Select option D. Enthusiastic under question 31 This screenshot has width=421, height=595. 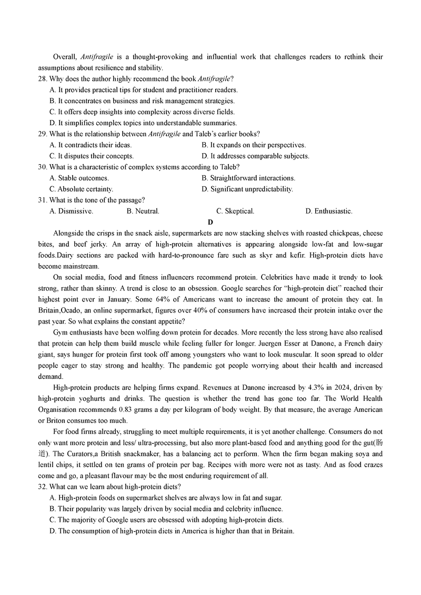[328, 211]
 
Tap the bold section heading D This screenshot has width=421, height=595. [210, 222]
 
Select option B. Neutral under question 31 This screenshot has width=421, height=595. [143, 211]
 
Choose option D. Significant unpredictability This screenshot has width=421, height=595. [247, 189]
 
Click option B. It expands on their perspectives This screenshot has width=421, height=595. [254, 145]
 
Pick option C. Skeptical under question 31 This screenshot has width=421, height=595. [235, 211]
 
